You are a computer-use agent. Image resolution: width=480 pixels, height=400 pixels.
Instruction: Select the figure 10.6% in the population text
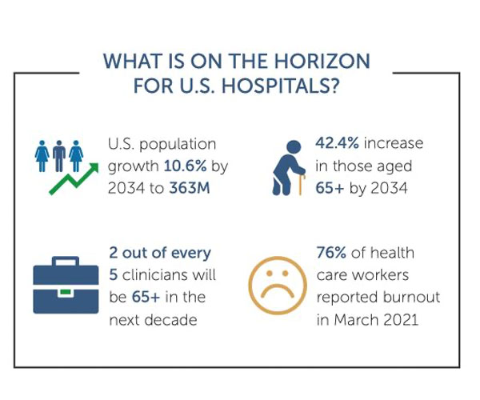click(x=184, y=166)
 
